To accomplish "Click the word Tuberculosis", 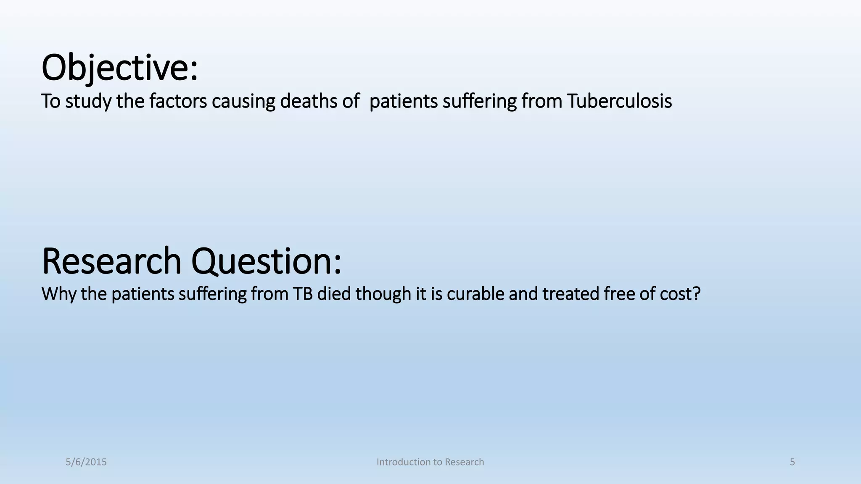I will [619, 101].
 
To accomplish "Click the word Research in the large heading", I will [111, 261].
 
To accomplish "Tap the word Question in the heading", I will [266, 261].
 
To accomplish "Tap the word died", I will [334, 294].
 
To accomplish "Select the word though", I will [383, 294].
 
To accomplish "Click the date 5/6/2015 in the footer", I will [86, 462].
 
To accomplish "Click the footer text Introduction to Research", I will [430, 462].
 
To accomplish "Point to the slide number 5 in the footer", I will [792, 462].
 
